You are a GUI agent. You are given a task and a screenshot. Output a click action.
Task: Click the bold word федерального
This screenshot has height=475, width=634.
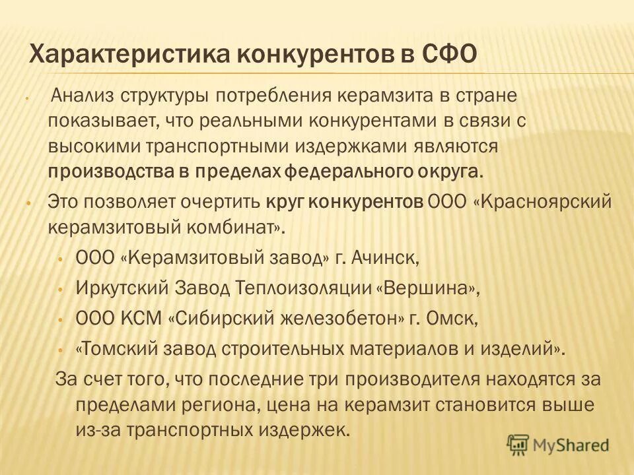click(353, 172)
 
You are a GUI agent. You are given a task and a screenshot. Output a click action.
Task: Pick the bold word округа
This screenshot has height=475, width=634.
click(450, 172)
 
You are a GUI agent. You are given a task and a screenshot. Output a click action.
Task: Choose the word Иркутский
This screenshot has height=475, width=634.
click(123, 288)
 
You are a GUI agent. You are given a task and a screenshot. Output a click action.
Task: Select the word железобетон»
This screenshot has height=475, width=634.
click(334, 319)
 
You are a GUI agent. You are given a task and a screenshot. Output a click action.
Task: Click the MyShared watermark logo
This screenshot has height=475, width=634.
click(557, 445)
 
